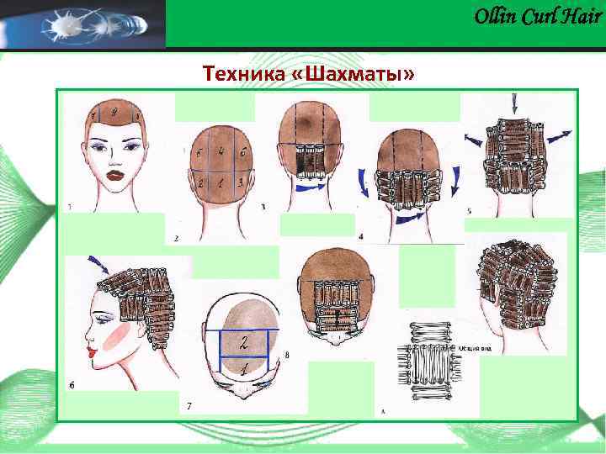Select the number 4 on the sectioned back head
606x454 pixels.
[221, 153]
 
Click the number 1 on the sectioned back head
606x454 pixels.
[221, 182]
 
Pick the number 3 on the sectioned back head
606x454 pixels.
[241, 182]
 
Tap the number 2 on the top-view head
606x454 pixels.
[243, 343]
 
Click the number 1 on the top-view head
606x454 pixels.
[244, 369]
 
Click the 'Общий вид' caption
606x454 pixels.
[473, 346]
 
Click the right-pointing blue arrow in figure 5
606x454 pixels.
[558, 135]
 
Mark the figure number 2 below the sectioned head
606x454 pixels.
[177, 238]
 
